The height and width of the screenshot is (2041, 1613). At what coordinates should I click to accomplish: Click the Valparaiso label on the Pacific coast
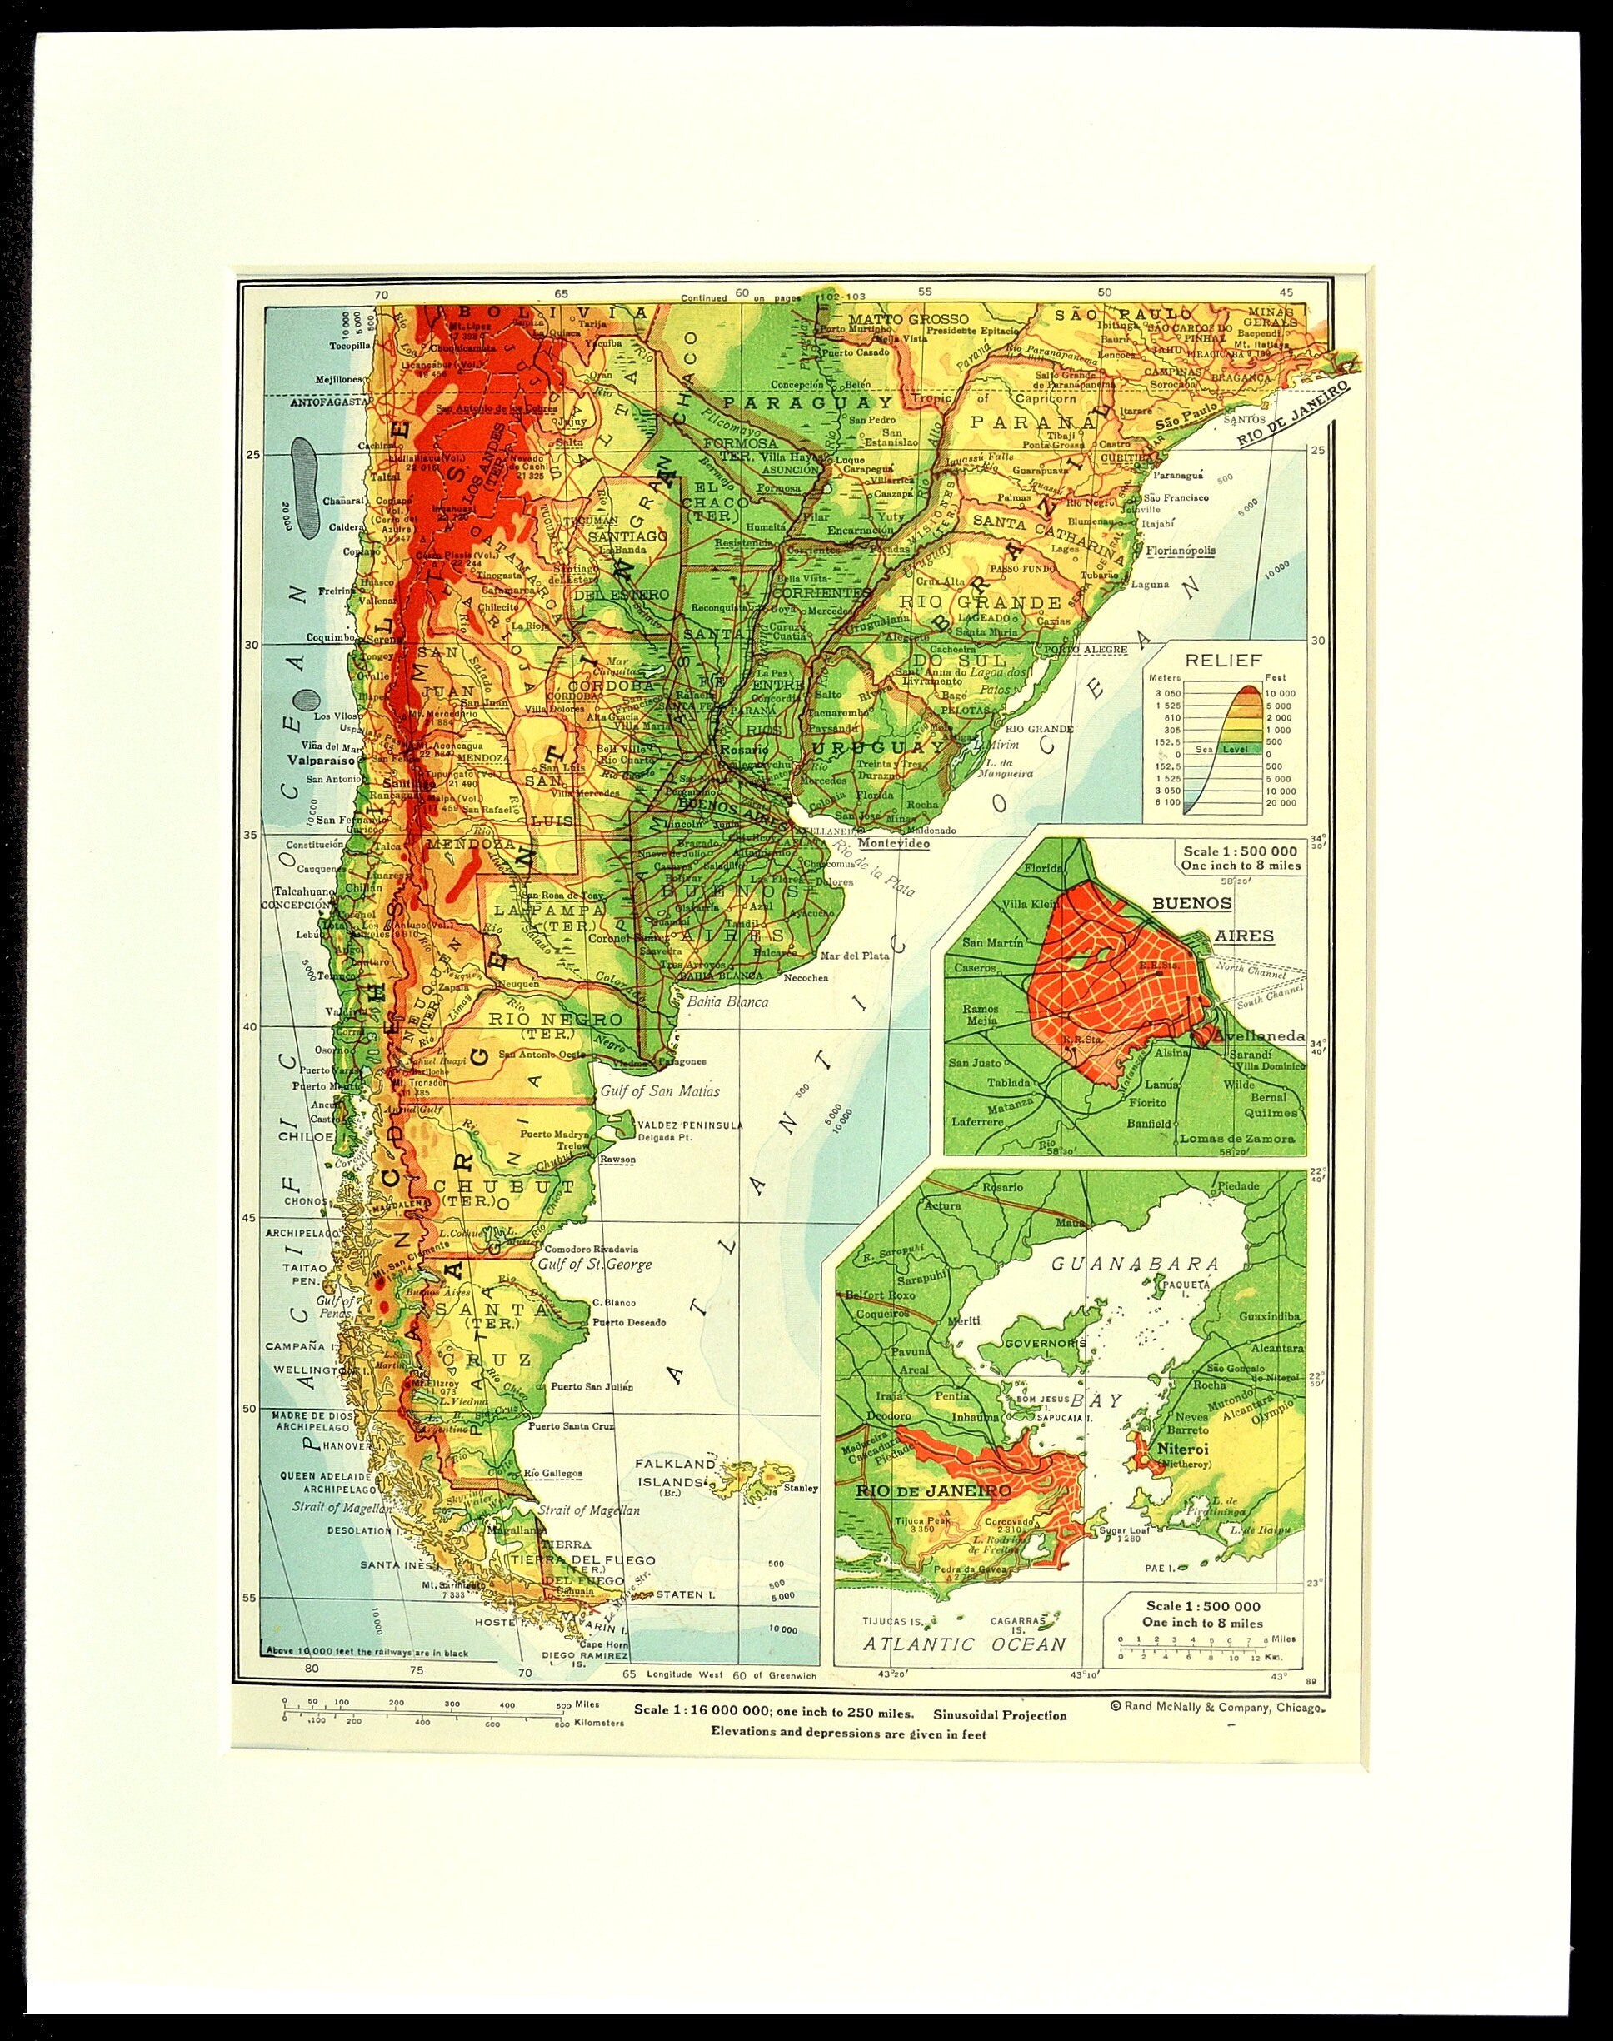pos(317,758)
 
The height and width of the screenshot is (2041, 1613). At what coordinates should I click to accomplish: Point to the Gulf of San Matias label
pos(659,1091)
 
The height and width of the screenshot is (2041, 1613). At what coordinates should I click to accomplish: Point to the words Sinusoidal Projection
pos(1000,1715)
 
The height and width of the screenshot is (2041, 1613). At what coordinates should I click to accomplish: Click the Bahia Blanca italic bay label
pos(727,1001)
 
